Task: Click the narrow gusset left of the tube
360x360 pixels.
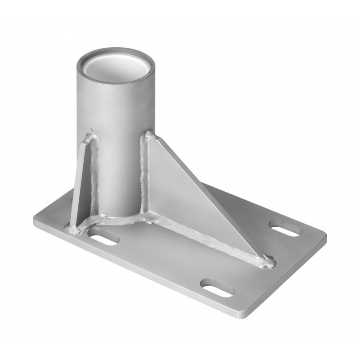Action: coord(78,184)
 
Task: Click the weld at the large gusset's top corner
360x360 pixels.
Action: coord(147,135)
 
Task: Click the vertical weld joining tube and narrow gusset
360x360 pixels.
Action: coord(94,180)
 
